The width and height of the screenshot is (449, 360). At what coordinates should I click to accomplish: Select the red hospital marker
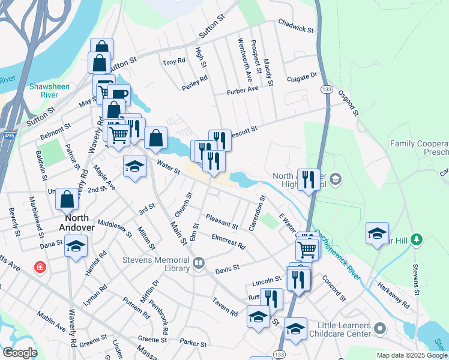[x=40, y=265]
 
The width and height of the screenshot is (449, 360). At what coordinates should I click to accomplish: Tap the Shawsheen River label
[x=49, y=91]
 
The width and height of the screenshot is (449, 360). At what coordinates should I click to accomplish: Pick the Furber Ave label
[x=242, y=89]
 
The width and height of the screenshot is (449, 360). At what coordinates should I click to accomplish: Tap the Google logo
[x=20, y=353]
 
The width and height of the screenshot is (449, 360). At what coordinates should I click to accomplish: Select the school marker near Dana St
[x=76, y=246]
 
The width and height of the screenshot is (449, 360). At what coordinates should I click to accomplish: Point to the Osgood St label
[x=348, y=103]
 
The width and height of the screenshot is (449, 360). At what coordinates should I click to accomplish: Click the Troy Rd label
[x=174, y=62]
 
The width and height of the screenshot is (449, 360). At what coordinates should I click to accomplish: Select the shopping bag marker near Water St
[x=155, y=138]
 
